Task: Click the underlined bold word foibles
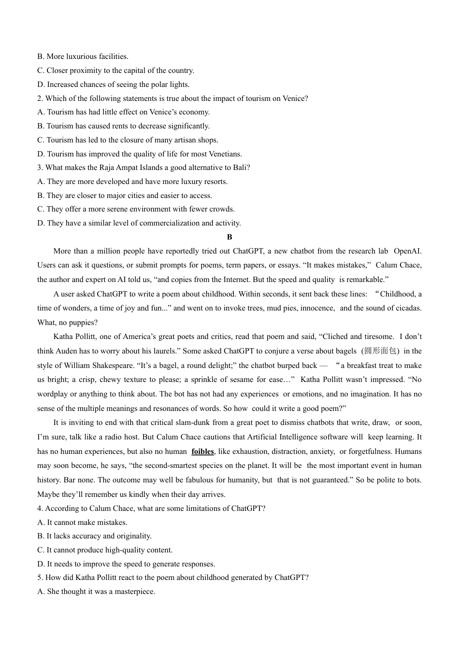(x=202, y=451)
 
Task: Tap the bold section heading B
(x=229, y=237)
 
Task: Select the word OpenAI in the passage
(x=407, y=251)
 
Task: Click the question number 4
(x=40, y=508)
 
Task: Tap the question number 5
(x=40, y=578)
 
